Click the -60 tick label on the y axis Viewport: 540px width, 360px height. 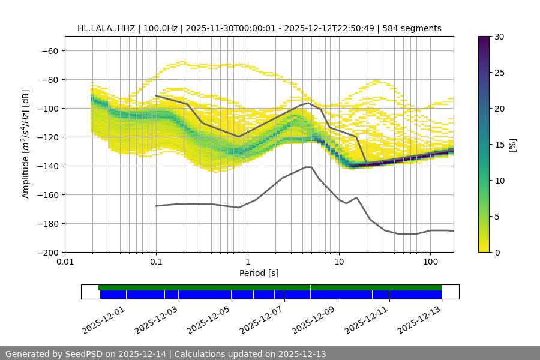pyautogui.click(x=49, y=50)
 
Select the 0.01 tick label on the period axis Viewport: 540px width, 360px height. pyautogui.click(x=65, y=262)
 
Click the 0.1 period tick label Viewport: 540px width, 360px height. pyautogui.click(x=156, y=262)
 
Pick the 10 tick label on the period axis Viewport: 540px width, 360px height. pyautogui.click(x=339, y=262)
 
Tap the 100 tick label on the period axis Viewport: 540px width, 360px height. pyautogui.click(x=430, y=262)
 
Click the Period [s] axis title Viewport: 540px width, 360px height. pyautogui.click(x=259, y=273)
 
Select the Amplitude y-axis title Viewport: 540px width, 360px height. pyautogui.click(x=26, y=144)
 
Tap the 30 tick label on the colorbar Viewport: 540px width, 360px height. pyautogui.click(x=499, y=37)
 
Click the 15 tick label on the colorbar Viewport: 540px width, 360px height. pyautogui.click(x=499, y=144)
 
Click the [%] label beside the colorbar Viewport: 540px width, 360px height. pyautogui.click(x=512, y=144)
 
